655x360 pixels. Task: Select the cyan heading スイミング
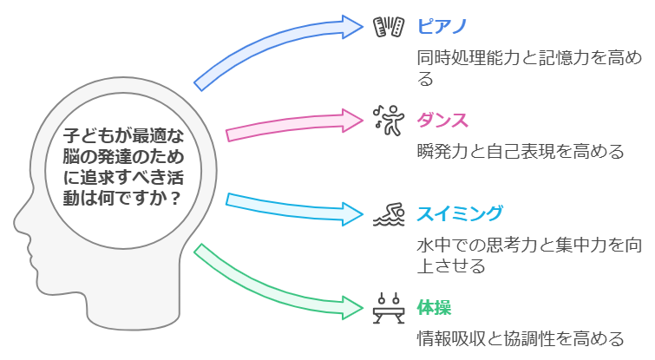pos(460,213)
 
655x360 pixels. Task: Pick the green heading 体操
pos(435,306)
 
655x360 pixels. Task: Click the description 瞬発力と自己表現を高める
pos(520,152)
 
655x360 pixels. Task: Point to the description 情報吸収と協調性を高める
pos(520,337)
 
